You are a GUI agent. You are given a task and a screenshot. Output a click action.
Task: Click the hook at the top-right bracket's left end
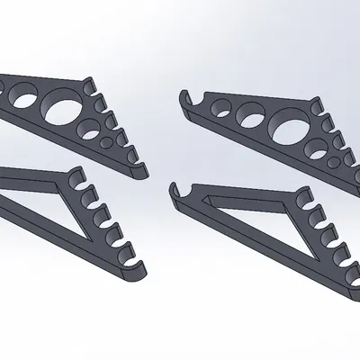coord(186,94)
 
